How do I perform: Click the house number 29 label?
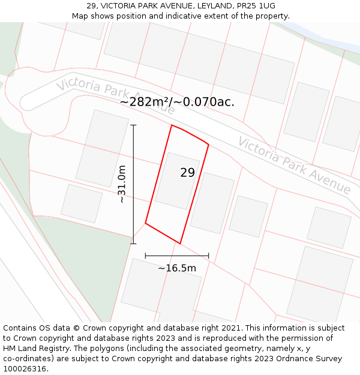pos(187,173)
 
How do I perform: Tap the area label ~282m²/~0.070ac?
pos(177,102)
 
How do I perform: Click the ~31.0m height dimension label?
pos(122,184)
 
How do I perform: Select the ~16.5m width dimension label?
pos(177,268)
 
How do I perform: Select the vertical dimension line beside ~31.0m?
pos(133,184)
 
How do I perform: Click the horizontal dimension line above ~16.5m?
pos(177,256)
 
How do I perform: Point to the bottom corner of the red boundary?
pos(180,244)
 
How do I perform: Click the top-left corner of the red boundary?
pos(172,125)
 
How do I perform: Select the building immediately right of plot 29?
pos(212,203)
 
